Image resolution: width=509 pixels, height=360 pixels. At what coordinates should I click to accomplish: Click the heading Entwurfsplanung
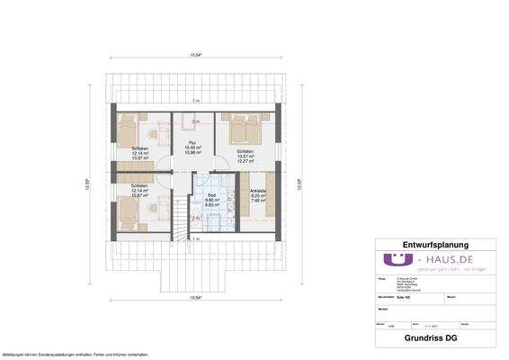click(434, 244)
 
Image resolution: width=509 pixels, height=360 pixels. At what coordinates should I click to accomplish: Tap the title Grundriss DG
click(434, 341)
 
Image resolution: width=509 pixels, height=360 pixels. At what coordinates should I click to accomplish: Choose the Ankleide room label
click(256, 193)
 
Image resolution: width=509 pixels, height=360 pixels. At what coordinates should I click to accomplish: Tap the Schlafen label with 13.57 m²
click(244, 151)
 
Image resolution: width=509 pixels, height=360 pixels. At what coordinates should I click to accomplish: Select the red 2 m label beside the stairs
click(195, 219)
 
